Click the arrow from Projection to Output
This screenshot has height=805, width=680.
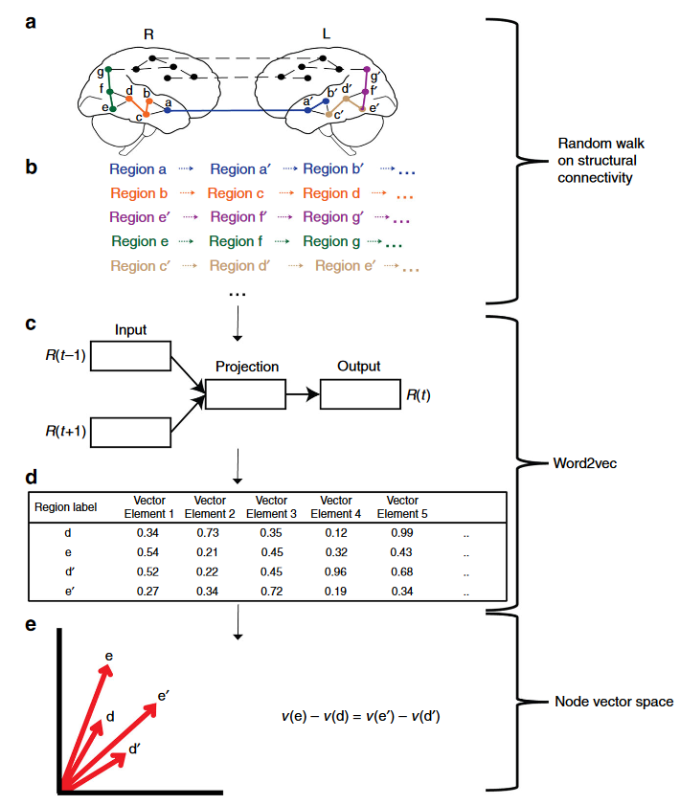click(303, 394)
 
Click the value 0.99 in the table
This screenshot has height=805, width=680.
click(401, 533)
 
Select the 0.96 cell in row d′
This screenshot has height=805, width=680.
click(335, 571)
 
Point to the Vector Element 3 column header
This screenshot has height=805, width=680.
click(271, 506)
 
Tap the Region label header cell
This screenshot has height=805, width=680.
click(65, 507)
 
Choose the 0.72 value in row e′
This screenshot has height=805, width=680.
click(271, 592)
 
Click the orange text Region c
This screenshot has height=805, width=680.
click(236, 193)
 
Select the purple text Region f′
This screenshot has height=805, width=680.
click(238, 217)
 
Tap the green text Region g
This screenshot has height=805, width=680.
click(331, 241)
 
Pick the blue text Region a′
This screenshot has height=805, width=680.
click(240, 168)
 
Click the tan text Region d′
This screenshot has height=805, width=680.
click(239, 266)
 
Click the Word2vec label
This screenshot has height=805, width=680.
click(584, 463)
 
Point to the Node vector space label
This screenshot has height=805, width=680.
click(614, 702)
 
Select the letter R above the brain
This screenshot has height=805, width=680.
click(148, 34)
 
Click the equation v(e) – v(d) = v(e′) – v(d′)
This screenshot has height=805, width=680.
click(360, 716)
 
